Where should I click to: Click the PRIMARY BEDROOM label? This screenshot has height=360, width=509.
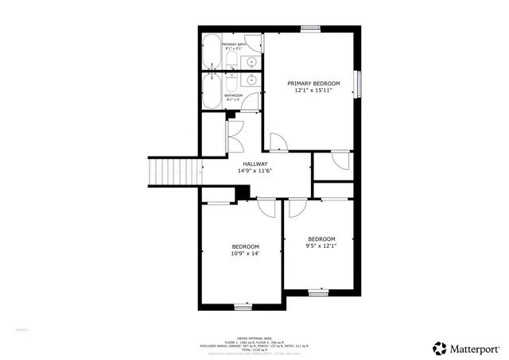point(313,83)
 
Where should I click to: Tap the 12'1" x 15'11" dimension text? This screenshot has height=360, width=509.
point(313,91)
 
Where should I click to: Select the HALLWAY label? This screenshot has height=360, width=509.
point(254,165)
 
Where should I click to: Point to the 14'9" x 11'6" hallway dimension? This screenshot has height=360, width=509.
point(254,172)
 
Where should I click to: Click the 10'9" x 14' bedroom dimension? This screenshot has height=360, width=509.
point(245,254)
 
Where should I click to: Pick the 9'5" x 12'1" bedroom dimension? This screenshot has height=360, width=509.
point(321,246)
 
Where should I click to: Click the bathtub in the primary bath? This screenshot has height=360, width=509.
point(212,52)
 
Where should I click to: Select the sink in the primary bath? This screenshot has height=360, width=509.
point(252,61)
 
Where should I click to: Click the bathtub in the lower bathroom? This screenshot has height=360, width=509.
point(212,91)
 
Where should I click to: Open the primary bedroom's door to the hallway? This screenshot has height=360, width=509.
point(278,143)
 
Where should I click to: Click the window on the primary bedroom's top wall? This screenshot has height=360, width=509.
point(311,29)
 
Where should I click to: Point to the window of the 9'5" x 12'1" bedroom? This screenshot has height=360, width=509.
point(319,293)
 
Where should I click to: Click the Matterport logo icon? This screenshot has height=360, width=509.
point(440,348)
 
